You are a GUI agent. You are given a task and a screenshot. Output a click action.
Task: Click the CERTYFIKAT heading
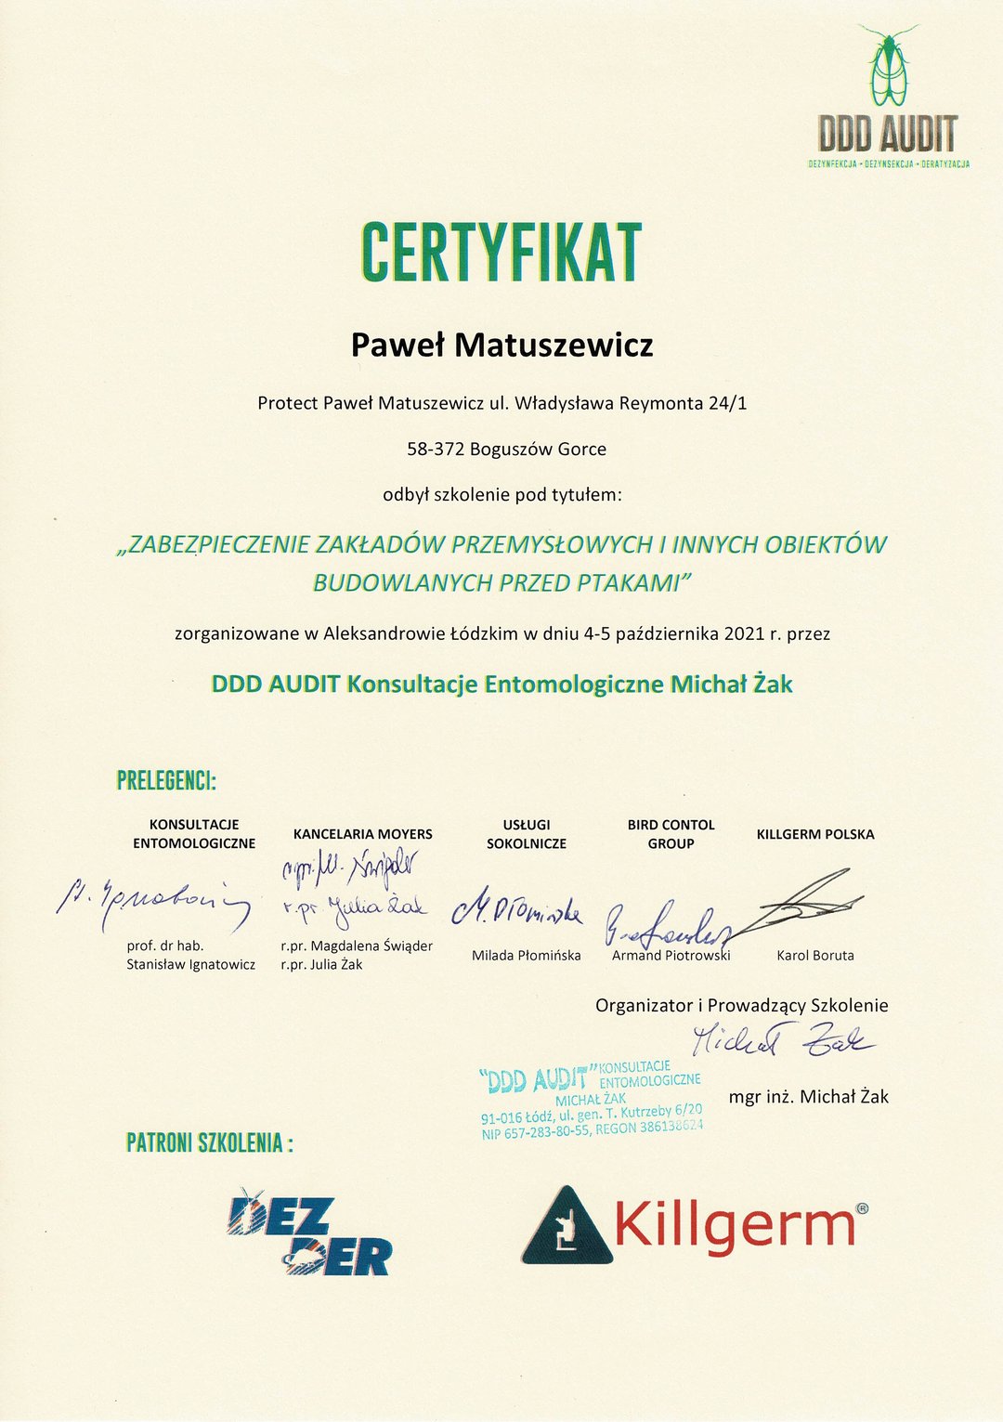(x=501, y=253)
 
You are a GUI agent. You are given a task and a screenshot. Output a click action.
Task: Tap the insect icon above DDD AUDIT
(x=889, y=67)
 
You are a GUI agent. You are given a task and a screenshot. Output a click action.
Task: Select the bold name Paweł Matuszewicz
(x=501, y=346)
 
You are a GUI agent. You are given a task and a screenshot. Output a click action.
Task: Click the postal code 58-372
(x=436, y=450)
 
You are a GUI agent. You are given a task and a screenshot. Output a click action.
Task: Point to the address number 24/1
(x=727, y=403)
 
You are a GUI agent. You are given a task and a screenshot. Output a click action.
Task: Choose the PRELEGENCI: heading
(x=166, y=781)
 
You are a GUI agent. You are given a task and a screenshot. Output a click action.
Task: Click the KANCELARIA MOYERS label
(x=362, y=834)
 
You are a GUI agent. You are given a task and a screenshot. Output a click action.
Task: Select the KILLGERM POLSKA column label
(x=815, y=834)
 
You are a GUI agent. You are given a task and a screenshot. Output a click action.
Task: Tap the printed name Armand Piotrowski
(x=671, y=955)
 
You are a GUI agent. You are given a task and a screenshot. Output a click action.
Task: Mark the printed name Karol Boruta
(x=815, y=955)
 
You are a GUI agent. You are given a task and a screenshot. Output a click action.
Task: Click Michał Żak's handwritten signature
(x=782, y=1039)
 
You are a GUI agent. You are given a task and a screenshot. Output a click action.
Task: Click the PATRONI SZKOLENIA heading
(x=209, y=1142)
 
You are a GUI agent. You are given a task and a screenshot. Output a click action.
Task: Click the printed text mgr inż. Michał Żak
(x=808, y=1097)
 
